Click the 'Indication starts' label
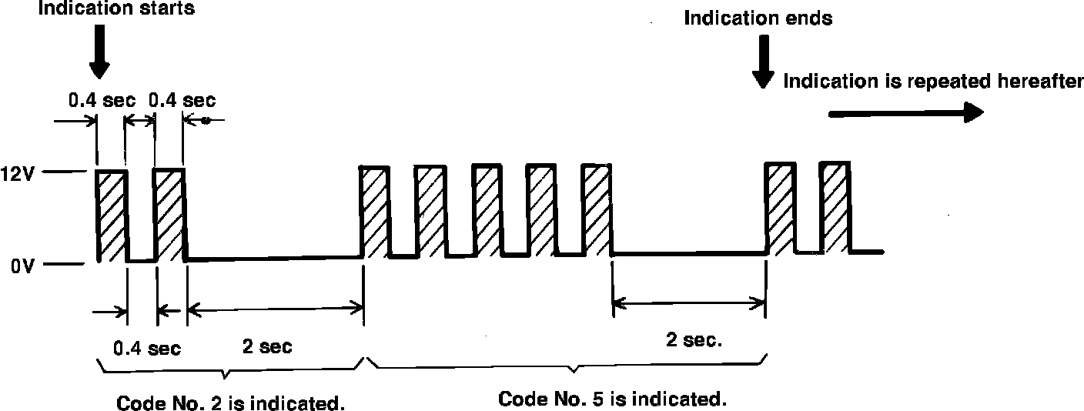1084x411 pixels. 115,10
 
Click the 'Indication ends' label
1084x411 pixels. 758,18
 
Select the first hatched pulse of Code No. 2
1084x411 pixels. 112,215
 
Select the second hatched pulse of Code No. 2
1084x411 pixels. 169,213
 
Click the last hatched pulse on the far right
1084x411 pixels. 835,206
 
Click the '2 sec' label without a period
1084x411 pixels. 267,347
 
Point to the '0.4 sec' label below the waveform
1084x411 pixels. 147,349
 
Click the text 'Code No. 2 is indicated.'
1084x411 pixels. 230,403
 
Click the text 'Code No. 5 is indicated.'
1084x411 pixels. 612,399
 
